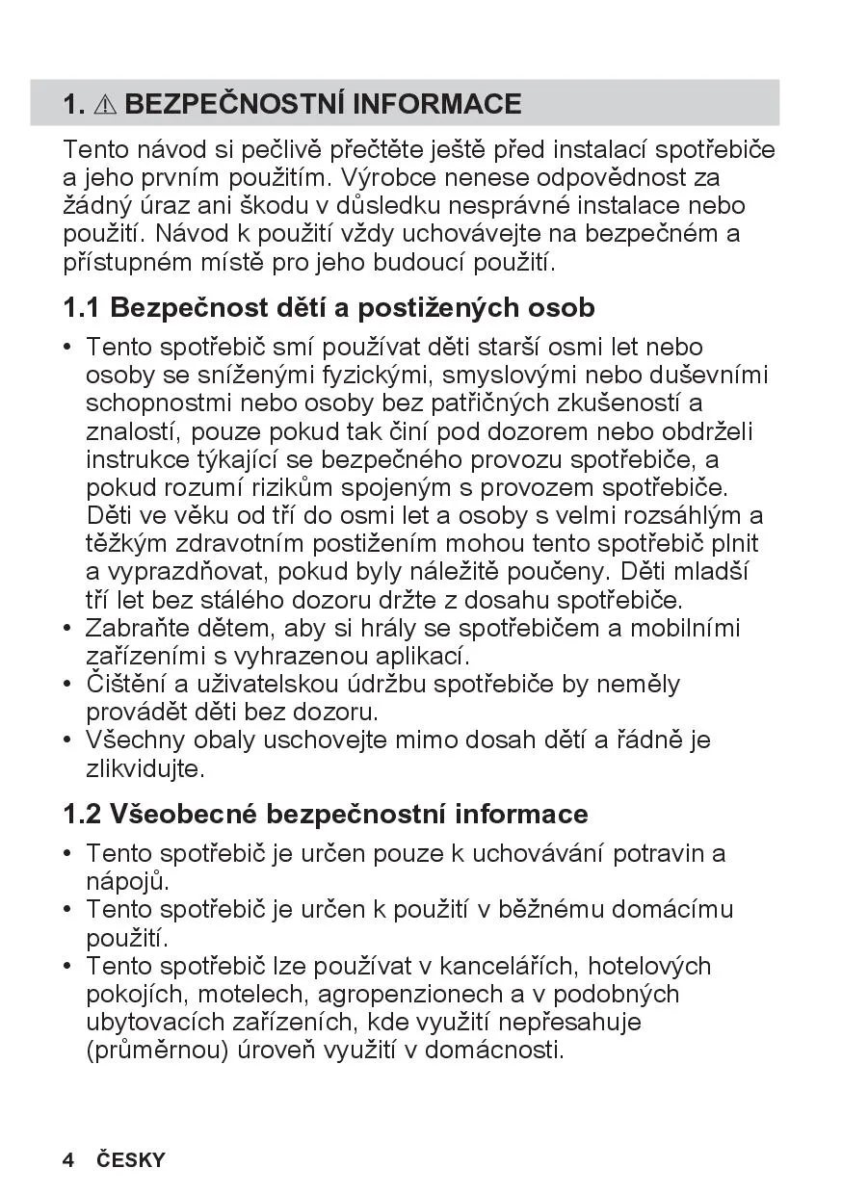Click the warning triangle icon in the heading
click(x=106, y=104)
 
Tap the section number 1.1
click(x=81, y=308)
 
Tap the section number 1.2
click(x=81, y=814)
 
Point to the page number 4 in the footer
click(x=68, y=1159)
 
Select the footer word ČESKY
click(x=131, y=1159)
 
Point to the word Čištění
click(x=127, y=685)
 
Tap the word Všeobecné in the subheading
click(x=183, y=814)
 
